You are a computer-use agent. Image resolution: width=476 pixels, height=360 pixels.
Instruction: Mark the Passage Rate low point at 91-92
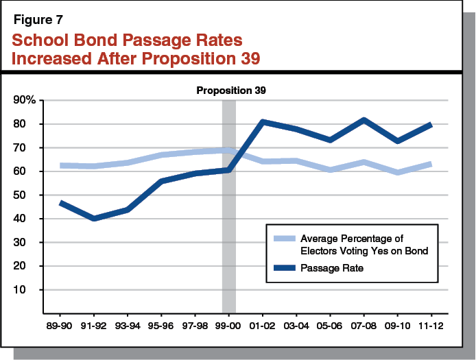click(95, 218)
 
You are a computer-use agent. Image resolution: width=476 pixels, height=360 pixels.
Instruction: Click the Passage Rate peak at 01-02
click(263, 122)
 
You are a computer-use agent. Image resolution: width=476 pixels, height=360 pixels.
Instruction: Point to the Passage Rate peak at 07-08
click(364, 120)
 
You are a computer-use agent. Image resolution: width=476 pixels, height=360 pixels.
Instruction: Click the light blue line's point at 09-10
click(397, 172)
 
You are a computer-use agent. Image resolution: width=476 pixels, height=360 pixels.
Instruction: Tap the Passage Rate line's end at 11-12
click(430, 124)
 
